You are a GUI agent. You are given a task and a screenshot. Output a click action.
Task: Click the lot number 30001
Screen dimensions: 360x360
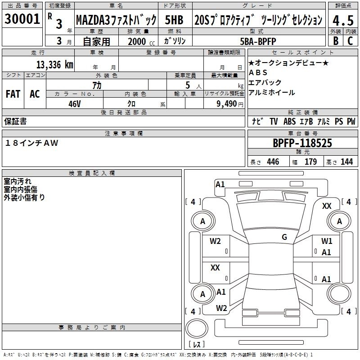tap(22, 19)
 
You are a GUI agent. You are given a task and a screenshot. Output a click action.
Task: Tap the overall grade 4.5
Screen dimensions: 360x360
tap(343, 20)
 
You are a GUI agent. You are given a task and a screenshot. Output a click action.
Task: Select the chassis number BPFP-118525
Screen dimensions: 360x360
tap(302, 143)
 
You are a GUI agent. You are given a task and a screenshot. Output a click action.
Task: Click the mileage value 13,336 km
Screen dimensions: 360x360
tap(55, 65)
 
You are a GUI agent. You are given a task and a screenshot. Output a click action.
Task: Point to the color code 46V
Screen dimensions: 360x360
tap(75, 104)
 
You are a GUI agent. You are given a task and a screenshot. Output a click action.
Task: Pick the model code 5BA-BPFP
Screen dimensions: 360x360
tap(258, 41)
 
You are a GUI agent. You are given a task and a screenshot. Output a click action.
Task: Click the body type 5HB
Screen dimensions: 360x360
tap(174, 20)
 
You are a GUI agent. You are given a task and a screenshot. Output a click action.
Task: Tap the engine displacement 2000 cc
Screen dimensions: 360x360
tap(141, 41)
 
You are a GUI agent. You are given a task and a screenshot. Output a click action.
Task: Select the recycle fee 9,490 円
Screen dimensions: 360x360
tap(230, 104)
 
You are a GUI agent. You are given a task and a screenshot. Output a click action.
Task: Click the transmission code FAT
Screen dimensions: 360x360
tap(13, 94)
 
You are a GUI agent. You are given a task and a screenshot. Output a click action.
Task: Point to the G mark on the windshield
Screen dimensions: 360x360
tap(284, 237)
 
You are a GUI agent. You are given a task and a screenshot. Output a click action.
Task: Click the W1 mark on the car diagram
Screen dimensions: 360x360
tap(327, 241)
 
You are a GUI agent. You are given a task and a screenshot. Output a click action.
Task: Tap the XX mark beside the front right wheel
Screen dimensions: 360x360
tap(327, 206)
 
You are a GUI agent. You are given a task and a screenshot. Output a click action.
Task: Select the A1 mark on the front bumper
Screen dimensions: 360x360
tap(220, 184)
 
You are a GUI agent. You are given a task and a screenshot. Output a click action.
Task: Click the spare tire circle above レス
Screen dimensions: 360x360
tap(197, 328)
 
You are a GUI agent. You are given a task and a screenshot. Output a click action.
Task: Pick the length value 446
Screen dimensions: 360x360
tap(273, 162)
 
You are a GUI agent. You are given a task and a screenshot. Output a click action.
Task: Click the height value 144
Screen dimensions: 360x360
tap(346, 162)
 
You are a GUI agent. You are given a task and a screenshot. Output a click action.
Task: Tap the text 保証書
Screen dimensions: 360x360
tap(15, 121)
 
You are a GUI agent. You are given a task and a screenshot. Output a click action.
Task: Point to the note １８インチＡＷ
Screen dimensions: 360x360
tap(31, 143)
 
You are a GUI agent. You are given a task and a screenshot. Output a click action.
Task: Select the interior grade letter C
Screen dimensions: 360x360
tap(351, 41)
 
